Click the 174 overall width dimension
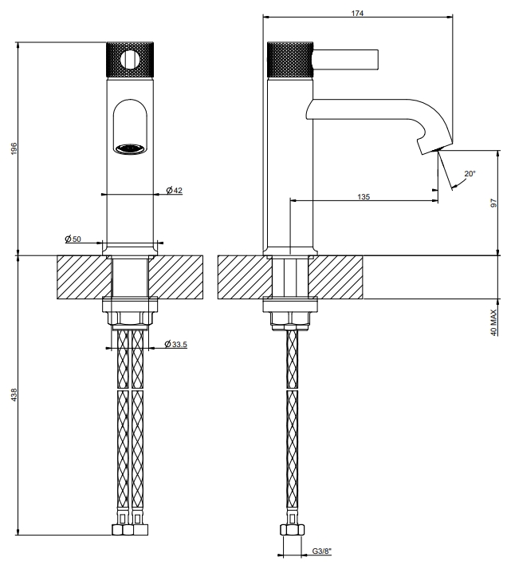tap(357, 14)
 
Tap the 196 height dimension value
tap(14, 148)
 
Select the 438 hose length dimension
tap(14, 395)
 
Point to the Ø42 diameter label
tap(174, 190)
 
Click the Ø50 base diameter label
tap(73, 239)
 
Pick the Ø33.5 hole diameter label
tap(175, 344)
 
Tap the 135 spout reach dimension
tap(364, 197)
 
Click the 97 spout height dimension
tap(493, 203)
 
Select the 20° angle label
tap(470, 174)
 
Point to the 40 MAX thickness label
tap(493, 322)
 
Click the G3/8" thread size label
tap(322, 551)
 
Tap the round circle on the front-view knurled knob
tap(130, 60)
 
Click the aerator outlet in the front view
tap(130, 148)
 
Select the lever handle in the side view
tap(345, 59)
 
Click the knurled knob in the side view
tap(290, 60)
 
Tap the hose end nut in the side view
tap(293, 530)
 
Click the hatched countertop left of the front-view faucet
tap(84, 277)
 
